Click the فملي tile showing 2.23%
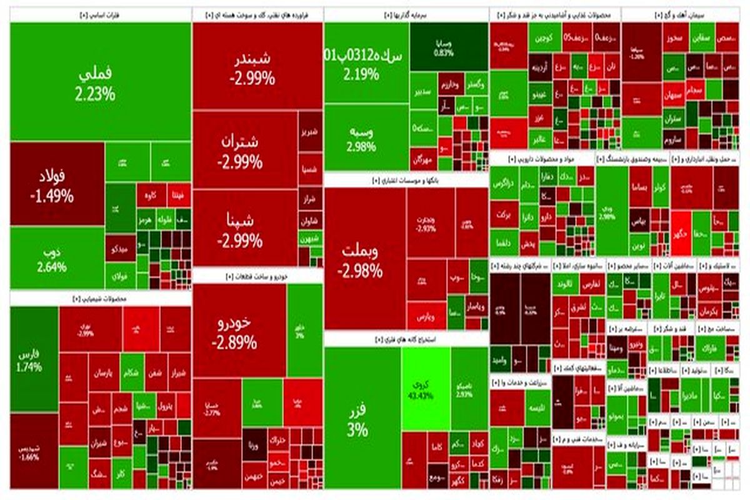point(100,81)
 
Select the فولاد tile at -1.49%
point(56,184)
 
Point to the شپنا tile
point(245,228)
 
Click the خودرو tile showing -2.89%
point(239,331)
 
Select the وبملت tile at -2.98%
point(364,259)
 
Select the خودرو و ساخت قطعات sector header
point(257,276)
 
